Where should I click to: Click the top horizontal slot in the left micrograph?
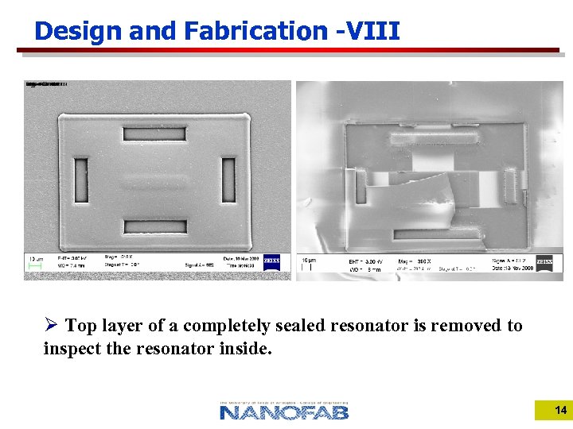(x=155, y=133)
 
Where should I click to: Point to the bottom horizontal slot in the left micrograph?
(x=155, y=227)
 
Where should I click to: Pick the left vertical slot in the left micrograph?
(x=81, y=180)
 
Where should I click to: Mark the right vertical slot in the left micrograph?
(x=228, y=180)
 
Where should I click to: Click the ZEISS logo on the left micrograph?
(x=271, y=261)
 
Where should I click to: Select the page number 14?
(x=560, y=410)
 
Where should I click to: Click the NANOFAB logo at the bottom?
(x=284, y=412)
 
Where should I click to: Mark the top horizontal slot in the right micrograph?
(x=434, y=140)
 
